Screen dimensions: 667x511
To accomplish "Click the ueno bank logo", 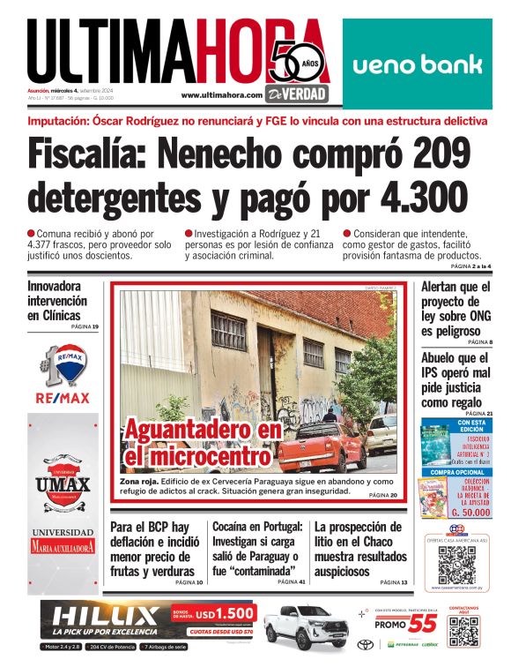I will click(418, 64).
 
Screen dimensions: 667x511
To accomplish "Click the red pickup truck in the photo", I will click(322, 446).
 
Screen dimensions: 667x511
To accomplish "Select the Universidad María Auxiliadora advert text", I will click(63, 541).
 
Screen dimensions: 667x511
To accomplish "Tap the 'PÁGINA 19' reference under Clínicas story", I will click(84, 327).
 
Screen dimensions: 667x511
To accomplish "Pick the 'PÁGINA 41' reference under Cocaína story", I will click(289, 582).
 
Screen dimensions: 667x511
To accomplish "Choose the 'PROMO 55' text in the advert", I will click(406, 622).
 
